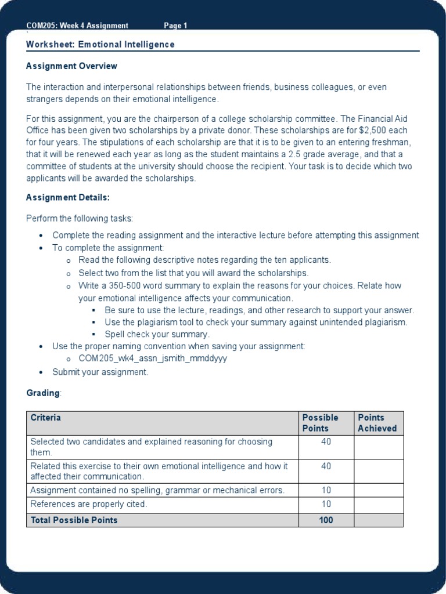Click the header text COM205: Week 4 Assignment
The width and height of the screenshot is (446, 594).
[x=77, y=26]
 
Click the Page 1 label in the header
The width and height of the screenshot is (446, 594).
[x=175, y=26]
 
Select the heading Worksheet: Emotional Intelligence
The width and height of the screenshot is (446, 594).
[x=100, y=45]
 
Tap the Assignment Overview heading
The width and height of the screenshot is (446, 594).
[x=71, y=66]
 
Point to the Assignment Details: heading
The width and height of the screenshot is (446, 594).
[x=67, y=197]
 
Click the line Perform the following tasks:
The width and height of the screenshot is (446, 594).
[x=80, y=219]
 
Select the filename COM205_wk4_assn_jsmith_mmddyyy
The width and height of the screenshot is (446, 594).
[x=153, y=358]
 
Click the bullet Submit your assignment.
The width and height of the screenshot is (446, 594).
[x=100, y=372]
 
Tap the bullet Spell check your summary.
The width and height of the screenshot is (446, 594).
[x=157, y=334]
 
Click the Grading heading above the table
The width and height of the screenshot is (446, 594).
[x=43, y=393]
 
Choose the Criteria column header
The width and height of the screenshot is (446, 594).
[x=45, y=418]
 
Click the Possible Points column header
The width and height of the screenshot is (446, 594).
[x=320, y=423]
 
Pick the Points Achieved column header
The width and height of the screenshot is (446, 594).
[x=377, y=423]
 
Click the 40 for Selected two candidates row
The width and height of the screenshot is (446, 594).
[x=326, y=442]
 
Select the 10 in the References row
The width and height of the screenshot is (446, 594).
[x=326, y=505]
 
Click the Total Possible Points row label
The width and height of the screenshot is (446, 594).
[x=74, y=520]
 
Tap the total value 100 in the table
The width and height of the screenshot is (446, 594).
[x=326, y=520]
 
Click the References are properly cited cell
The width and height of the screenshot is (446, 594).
[x=89, y=505]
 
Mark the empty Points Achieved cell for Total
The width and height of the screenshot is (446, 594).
[x=378, y=520]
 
